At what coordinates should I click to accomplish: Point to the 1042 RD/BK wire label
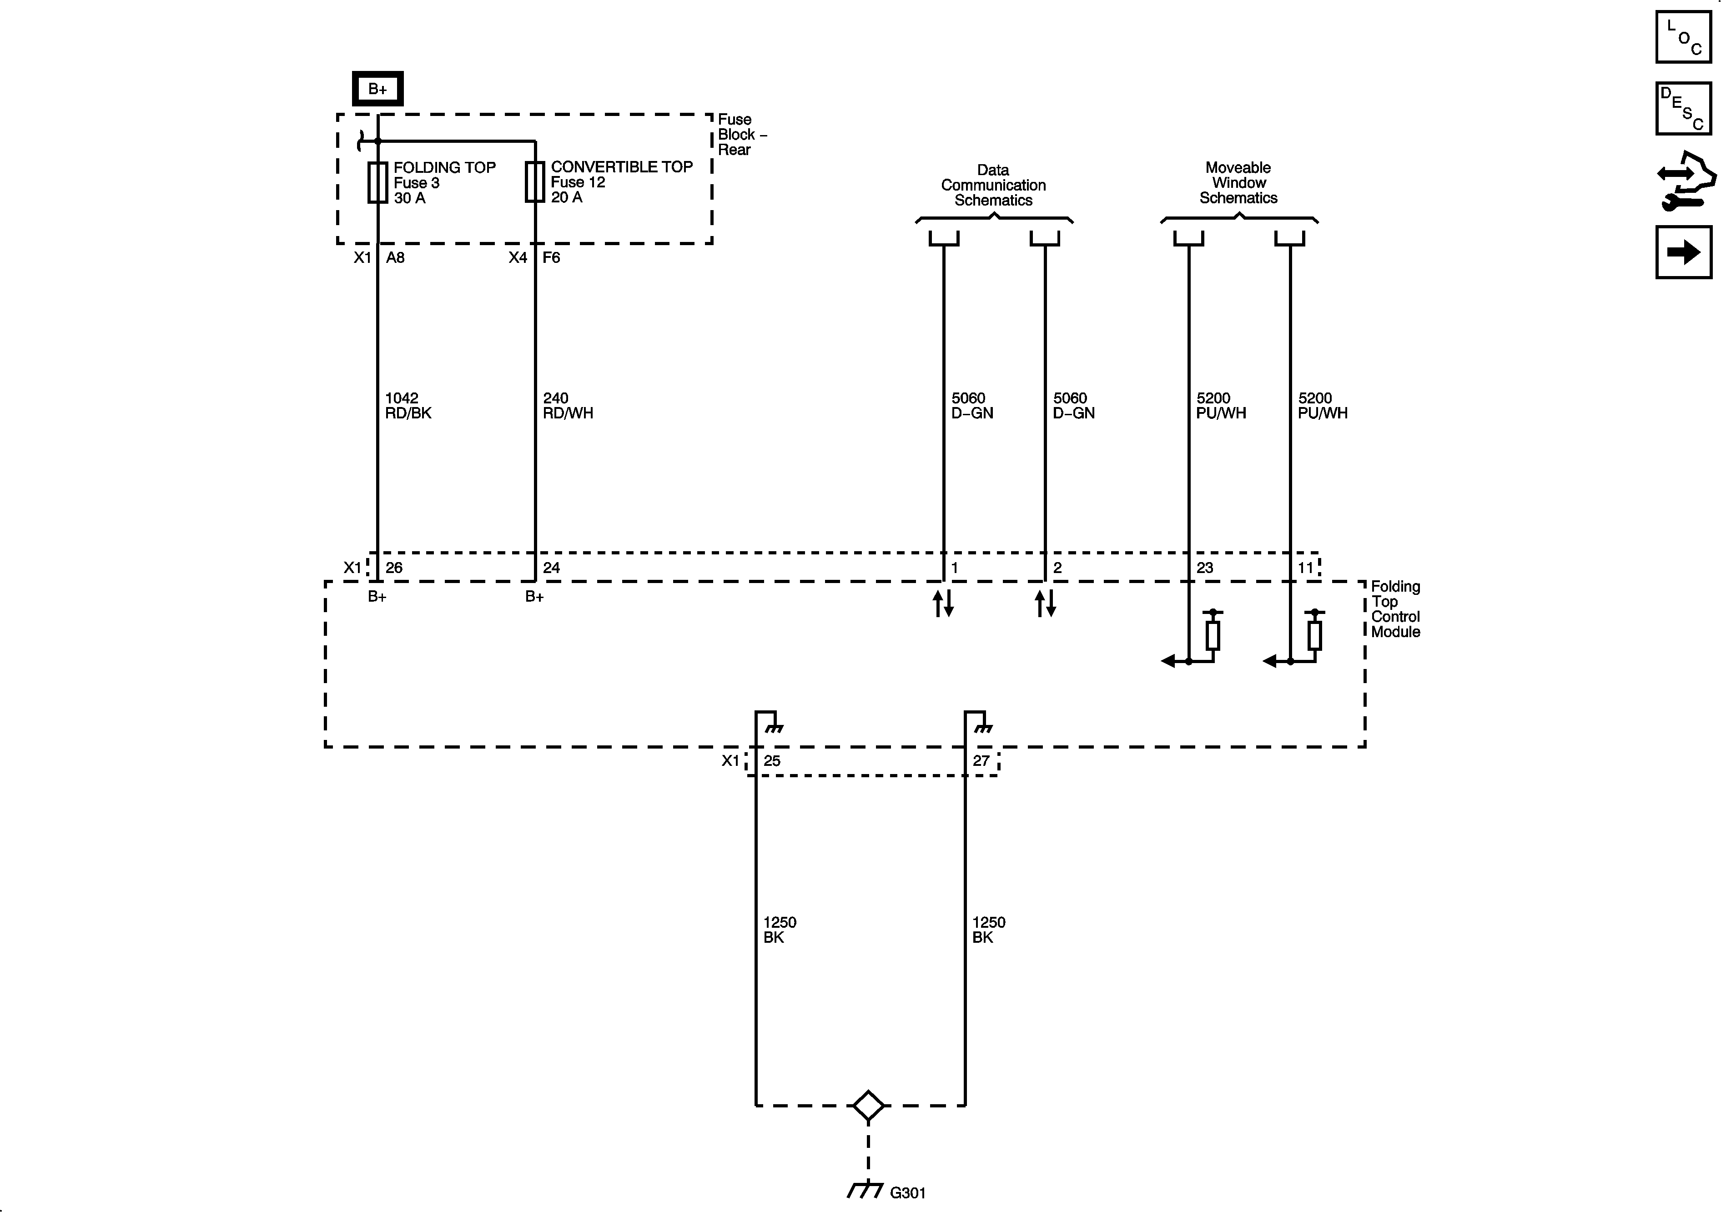coord(408,406)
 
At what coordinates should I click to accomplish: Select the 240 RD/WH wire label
coord(568,406)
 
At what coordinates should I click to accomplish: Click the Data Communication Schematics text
coord(993,185)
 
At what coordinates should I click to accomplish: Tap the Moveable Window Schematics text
coord(1238,183)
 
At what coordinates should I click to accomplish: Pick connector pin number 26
coord(394,568)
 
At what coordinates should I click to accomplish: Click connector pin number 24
coord(552,568)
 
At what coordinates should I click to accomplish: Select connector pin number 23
coord(1204,568)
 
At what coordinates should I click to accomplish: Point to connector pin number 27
coord(981,761)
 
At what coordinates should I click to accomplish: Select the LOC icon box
coord(1684,37)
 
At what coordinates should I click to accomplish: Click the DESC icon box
coord(1684,109)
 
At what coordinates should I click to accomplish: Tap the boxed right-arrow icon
coord(1684,252)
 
